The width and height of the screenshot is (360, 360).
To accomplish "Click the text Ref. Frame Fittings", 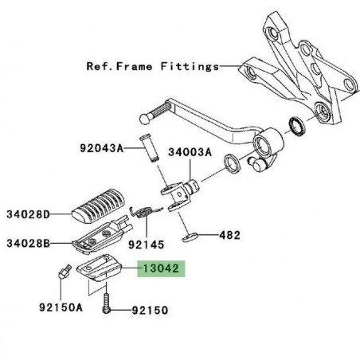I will [151, 68].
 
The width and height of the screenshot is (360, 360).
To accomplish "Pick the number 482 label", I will [229, 237].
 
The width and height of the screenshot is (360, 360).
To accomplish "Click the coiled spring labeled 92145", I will [143, 213].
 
